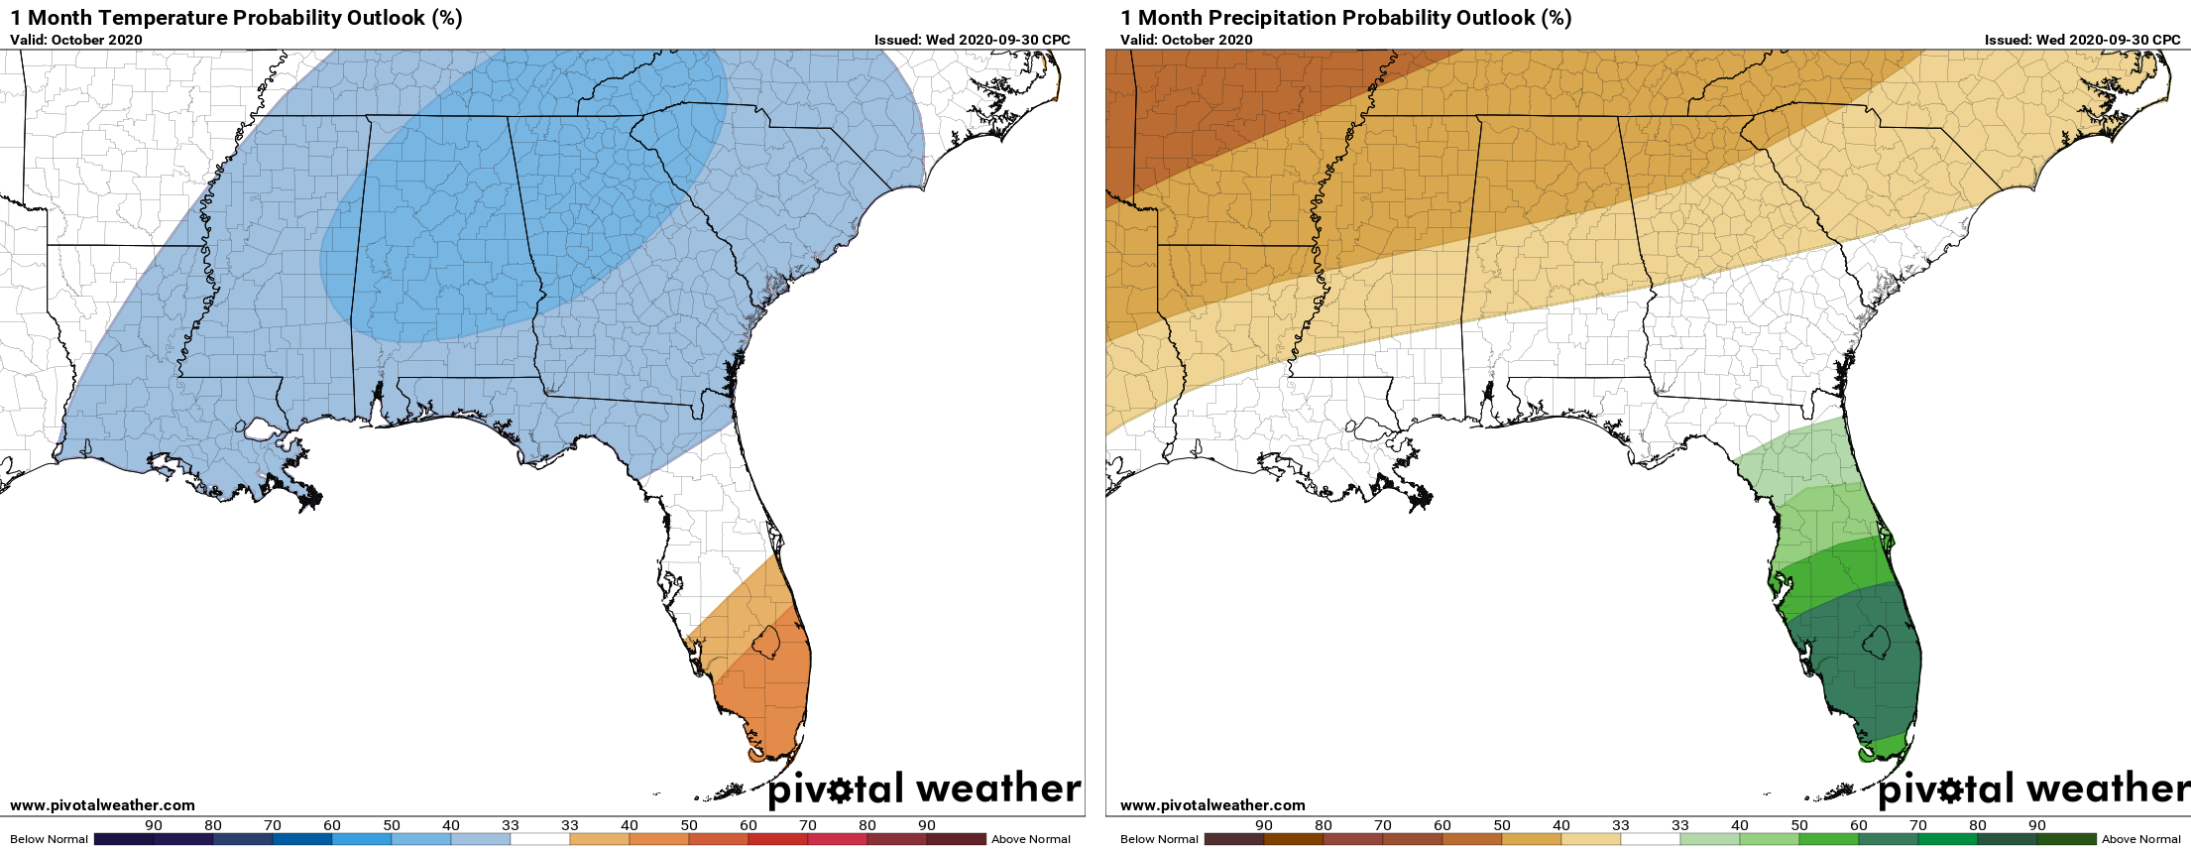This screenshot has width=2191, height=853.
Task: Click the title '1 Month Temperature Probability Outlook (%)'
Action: click(236, 18)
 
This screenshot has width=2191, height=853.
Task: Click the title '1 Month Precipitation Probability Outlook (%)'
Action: click(1345, 18)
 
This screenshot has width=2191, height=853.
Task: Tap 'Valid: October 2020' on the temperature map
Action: click(76, 40)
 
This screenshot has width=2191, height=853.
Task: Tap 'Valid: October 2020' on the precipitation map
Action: click(1187, 40)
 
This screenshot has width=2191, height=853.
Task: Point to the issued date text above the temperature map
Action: click(972, 40)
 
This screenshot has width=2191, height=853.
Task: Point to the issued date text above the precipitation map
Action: click(2082, 40)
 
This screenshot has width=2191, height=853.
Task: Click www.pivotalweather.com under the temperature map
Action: click(102, 805)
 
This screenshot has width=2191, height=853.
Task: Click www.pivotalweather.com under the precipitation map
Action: click(1212, 805)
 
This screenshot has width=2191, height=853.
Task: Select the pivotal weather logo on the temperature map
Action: click(924, 789)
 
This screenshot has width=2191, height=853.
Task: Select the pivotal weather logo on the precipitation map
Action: click(2032, 789)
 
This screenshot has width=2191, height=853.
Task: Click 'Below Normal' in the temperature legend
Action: click(49, 839)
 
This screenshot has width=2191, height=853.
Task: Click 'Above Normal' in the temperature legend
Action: click(1031, 839)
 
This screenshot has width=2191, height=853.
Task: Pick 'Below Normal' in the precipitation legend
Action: click(1159, 839)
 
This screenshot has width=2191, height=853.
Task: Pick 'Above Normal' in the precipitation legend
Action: click(2141, 839)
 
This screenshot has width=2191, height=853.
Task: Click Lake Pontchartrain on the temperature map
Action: click(262, 429)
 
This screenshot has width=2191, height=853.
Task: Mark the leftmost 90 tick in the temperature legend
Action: click(154, 825)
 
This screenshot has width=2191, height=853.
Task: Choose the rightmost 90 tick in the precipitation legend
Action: click(2036, 825)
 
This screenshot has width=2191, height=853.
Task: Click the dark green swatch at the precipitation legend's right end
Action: click(2066, 839)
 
